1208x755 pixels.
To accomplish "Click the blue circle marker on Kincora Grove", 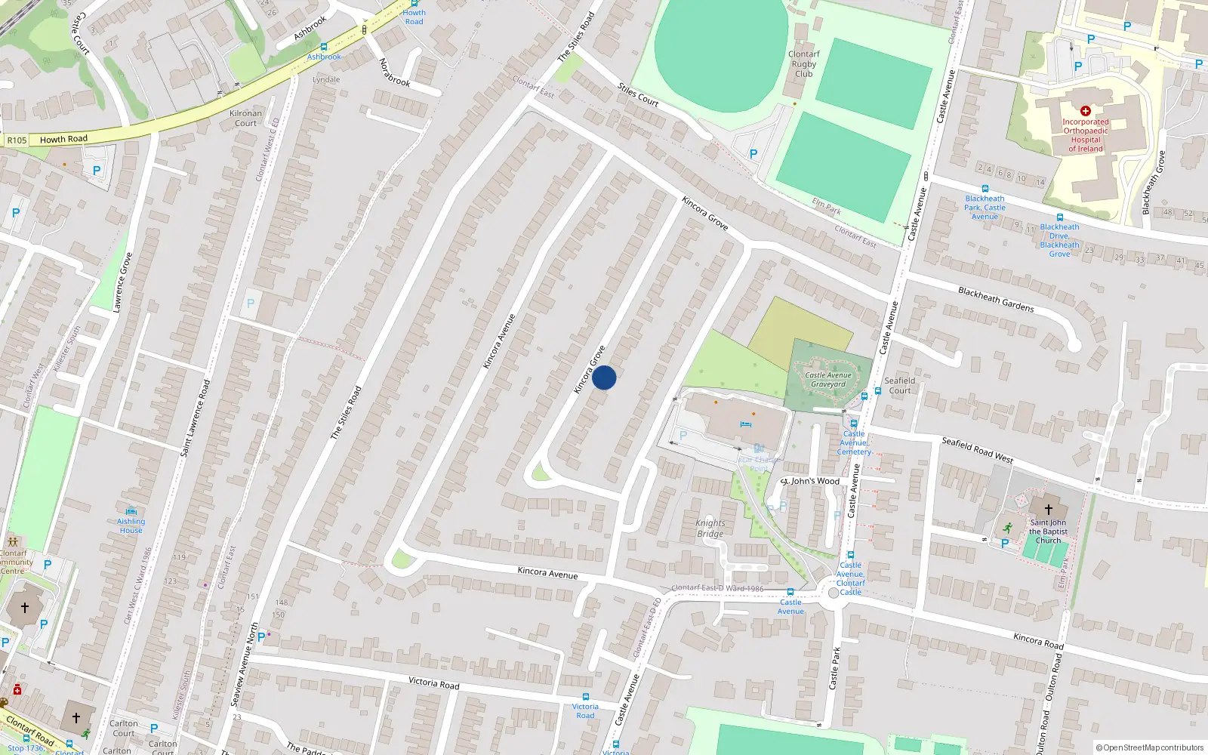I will (604, 377).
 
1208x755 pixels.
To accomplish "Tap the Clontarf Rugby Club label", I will (803, 64).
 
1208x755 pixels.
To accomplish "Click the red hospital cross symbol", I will (1086, 111).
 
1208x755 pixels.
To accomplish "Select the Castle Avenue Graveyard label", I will (828, 380).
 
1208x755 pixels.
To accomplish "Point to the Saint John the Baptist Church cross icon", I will (1048, 510).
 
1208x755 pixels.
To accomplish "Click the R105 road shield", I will (17, 140).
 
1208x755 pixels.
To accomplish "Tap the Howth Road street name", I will (63, 139).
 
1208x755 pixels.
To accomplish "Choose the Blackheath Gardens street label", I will (996, 299).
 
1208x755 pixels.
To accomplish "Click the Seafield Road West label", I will (977, 450).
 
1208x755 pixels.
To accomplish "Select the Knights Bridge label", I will (710, 528).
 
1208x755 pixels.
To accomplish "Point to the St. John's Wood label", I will (810, 481).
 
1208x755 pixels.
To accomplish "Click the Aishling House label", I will (131, 525).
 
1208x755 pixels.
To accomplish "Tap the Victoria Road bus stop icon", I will (585, 697).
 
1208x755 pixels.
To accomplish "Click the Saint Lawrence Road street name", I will (195, 418).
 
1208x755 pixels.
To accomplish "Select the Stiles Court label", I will (638, 94).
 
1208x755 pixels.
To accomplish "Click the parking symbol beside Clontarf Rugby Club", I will (753, 154).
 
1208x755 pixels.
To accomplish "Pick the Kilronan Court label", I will (245, 119).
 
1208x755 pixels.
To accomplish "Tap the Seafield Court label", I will (899, 386).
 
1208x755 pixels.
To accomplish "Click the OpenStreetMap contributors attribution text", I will (1150, 747).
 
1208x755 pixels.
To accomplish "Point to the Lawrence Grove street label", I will (122, 282).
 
